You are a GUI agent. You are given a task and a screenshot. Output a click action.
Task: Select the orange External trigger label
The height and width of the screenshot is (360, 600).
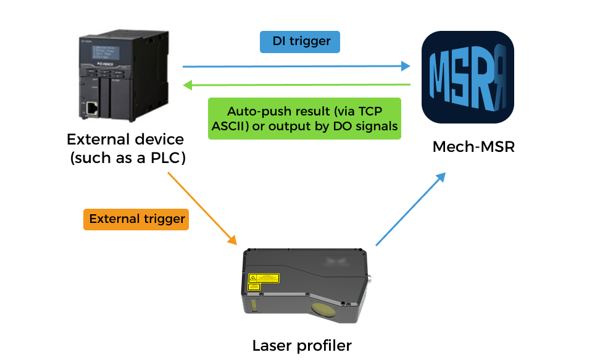coord(136,219)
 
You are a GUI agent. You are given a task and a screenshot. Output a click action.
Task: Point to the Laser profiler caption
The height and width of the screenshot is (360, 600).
coord(301,345)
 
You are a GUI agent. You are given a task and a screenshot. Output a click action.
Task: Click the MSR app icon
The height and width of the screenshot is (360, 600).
coord(467,77)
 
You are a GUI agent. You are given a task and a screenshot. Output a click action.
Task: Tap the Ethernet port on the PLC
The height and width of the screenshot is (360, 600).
coord(92,109)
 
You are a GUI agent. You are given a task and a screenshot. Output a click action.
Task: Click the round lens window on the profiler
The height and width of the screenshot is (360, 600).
coord(326,309)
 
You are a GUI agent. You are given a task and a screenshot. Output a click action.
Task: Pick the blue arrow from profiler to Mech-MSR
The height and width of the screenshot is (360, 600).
coord(410,209)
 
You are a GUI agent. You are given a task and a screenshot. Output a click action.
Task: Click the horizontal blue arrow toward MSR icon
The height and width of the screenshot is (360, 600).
coord(297,66)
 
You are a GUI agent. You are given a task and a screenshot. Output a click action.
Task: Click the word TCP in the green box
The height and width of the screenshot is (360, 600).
coord(370,112)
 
